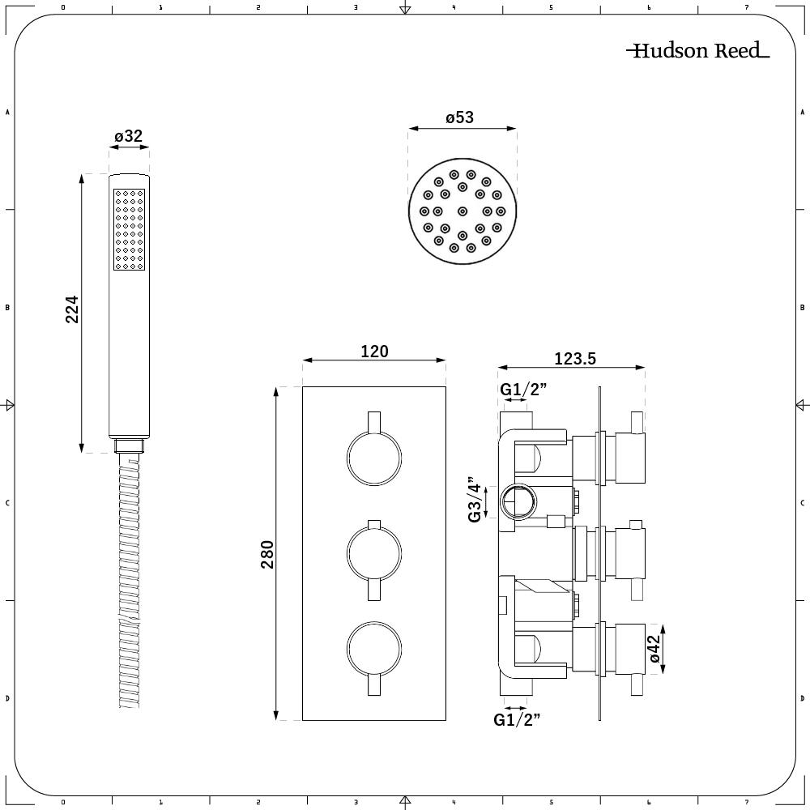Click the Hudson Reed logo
[x=697, y=50]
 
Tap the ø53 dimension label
[x=460, y=117]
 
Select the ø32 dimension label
[x=129, y=136]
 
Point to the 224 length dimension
[x=72, y=309]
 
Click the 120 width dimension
[x=374, y=352]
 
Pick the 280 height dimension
[x=267, y=554]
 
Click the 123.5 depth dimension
[x=575, y=359]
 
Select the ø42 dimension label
[x=654, y=648]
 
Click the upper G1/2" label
[x=522, y=389]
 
